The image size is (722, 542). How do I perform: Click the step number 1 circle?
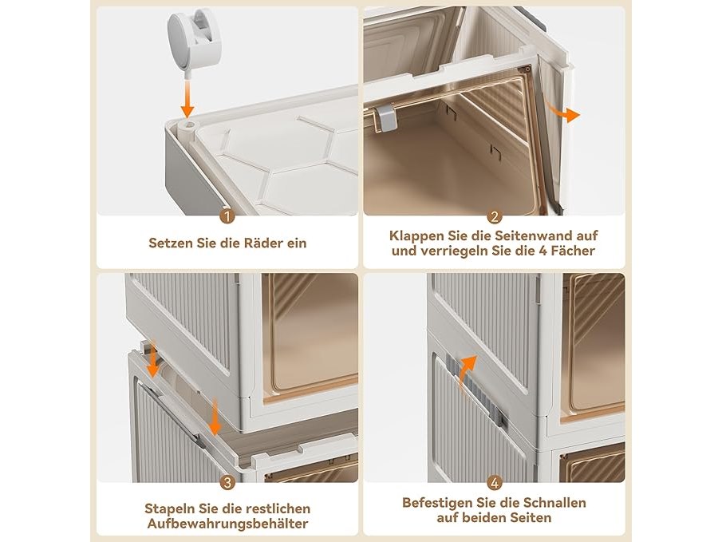point(227,216)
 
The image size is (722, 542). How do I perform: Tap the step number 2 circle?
point(494,216)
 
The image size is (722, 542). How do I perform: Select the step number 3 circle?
point(227,483)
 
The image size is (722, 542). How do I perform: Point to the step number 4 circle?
point(494,483)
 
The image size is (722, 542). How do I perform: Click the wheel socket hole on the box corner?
point(187,126)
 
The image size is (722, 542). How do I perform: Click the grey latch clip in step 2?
point(386,117)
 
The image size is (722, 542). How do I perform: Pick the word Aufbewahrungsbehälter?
point(227,524)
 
